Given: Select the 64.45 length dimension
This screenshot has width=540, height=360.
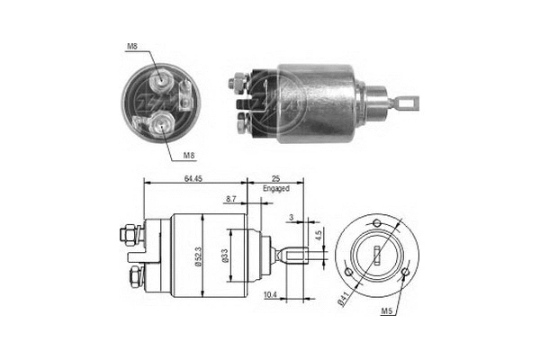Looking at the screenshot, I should (192, 180).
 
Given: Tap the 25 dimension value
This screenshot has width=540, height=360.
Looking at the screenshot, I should (276, 180).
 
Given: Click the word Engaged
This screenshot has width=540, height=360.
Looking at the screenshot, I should (276, 191).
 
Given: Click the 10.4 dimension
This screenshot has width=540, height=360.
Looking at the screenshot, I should (269, 293).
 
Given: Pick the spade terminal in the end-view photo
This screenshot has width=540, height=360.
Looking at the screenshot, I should (184, 94).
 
